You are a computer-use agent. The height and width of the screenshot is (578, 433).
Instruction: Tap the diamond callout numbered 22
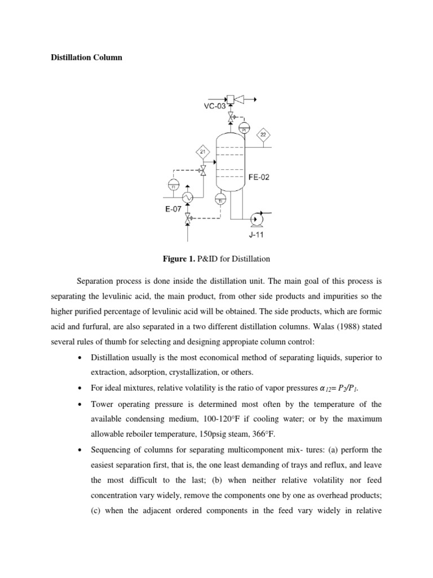pos(263,134)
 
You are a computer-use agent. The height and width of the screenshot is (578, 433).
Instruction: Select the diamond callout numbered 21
pos(203,151)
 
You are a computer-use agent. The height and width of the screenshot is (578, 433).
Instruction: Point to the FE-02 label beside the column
pos(259,177)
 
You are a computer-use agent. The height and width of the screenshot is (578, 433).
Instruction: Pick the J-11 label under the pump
pos(257,235)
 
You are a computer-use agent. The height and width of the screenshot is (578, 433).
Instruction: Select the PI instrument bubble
pos(244,128)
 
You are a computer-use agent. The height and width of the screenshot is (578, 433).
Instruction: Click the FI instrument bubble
pos(173,183)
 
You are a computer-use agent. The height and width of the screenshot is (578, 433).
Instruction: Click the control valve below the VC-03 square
pos(230,118)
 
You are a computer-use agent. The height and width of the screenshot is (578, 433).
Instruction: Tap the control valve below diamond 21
pos(203,169)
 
